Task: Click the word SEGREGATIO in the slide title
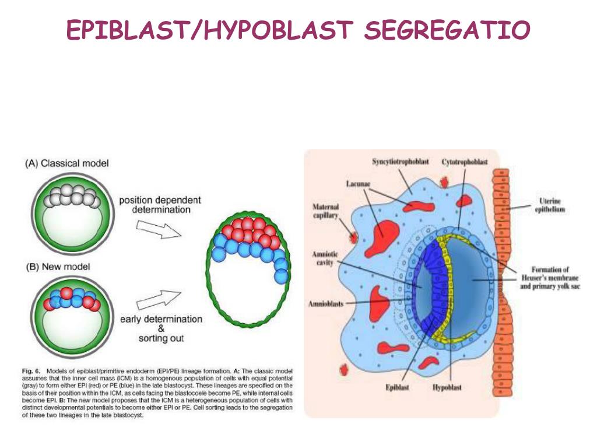pos(447,30)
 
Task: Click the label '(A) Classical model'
pos(66,163)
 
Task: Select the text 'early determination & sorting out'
pos(161,328)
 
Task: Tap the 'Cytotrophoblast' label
pos(464,161)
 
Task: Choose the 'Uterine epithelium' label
pos(550,205)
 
